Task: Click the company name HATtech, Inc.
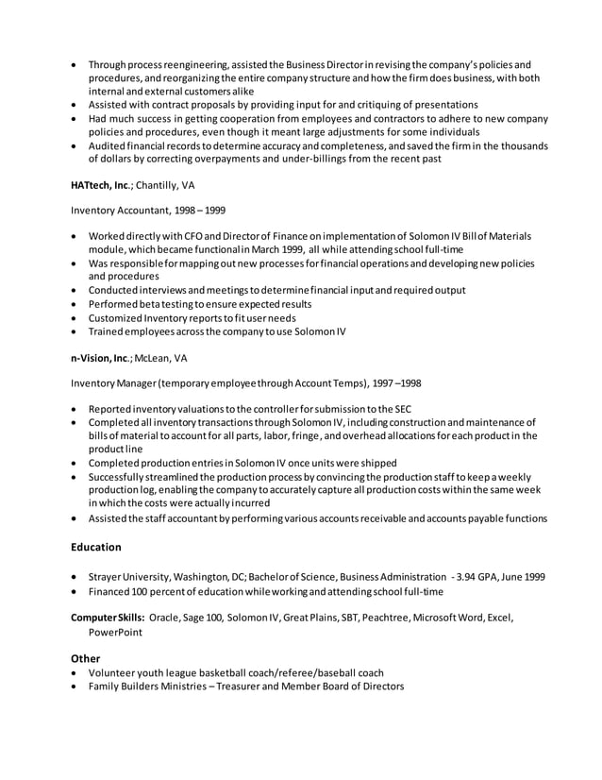coord(101,186)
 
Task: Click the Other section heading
coord(86,658)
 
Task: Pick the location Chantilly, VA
coord(165,186)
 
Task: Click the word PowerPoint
coord(116,633)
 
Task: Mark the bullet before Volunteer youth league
coord(75,673)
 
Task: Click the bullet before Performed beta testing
coord(75,305)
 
